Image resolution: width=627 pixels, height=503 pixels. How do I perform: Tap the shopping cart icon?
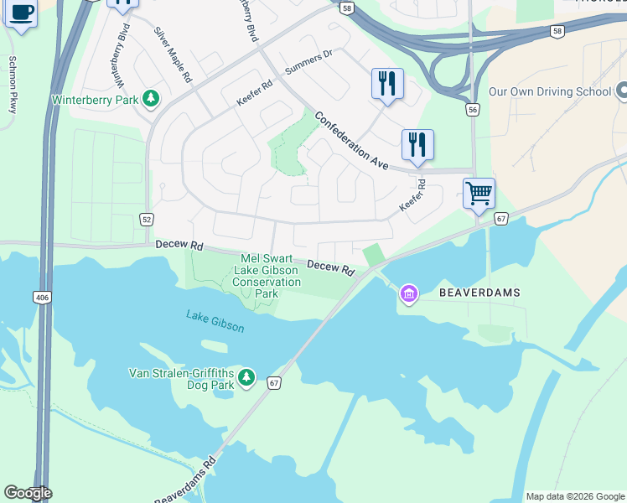[x=479, y=194]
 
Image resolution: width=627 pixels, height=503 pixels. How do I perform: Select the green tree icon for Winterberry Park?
[x=152, y=99]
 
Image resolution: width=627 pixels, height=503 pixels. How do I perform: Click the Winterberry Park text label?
[x=96, y=99]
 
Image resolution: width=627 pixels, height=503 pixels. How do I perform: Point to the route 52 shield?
[x=147, y=219]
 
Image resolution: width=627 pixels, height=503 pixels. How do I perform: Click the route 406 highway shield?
[x=41, y=297]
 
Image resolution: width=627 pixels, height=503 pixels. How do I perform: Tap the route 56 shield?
[x=474, y=110]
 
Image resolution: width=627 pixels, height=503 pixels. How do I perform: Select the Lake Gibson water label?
[x=215, y=320]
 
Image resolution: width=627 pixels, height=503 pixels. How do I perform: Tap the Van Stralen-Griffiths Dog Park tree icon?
[x=246, y=378]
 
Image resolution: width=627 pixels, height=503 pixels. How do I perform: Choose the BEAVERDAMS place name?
[x=480, y=293]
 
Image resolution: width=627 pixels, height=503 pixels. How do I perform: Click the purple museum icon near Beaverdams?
[x=408, y=294]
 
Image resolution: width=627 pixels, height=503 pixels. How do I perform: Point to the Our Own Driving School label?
[x=549, y=91]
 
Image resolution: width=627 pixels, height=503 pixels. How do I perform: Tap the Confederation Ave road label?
[x=352, y=140]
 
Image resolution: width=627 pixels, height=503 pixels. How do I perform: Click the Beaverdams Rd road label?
[x=186, y=478]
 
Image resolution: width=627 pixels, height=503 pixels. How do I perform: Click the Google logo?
[x=28, y=493]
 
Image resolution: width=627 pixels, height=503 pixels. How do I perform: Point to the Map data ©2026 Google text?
[x=574, y=496]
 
